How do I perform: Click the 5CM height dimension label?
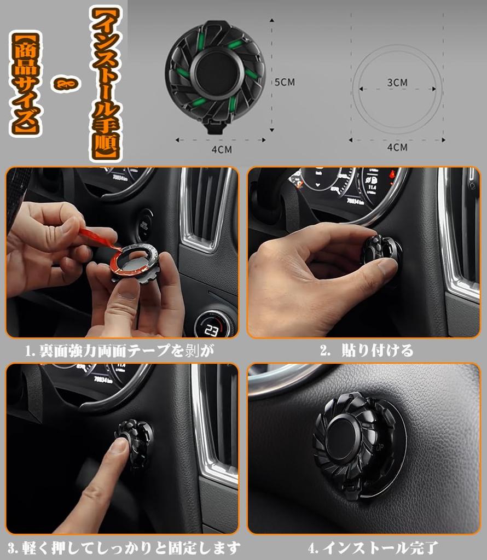coord(284,82)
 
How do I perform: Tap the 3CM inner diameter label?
coord(397,83)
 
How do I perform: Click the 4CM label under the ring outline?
coord(397,147)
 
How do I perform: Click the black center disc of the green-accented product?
coord(216,73)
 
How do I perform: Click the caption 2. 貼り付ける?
coord(367,351)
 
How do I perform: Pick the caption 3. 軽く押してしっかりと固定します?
coord(124,547)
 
